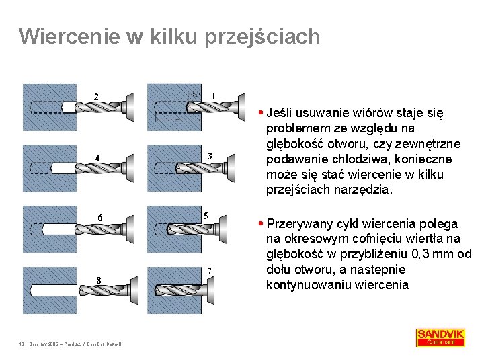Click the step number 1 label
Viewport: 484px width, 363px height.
pos(213,95)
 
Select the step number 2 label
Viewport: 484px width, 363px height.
pos(97,97)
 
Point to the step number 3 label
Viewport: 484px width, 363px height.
pos(210,157)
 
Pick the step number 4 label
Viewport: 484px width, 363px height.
pos(97,159)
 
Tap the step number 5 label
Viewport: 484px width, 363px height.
pos(208,215)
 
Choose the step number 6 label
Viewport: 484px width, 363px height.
pos(99,218)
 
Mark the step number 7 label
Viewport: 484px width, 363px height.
pos(209,270)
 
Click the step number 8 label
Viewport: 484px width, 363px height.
pos(99,280)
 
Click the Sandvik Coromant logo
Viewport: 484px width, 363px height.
pos(440,337)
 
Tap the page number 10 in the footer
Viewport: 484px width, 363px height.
pos(22,344)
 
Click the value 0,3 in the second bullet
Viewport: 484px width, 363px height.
pos(415,254)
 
